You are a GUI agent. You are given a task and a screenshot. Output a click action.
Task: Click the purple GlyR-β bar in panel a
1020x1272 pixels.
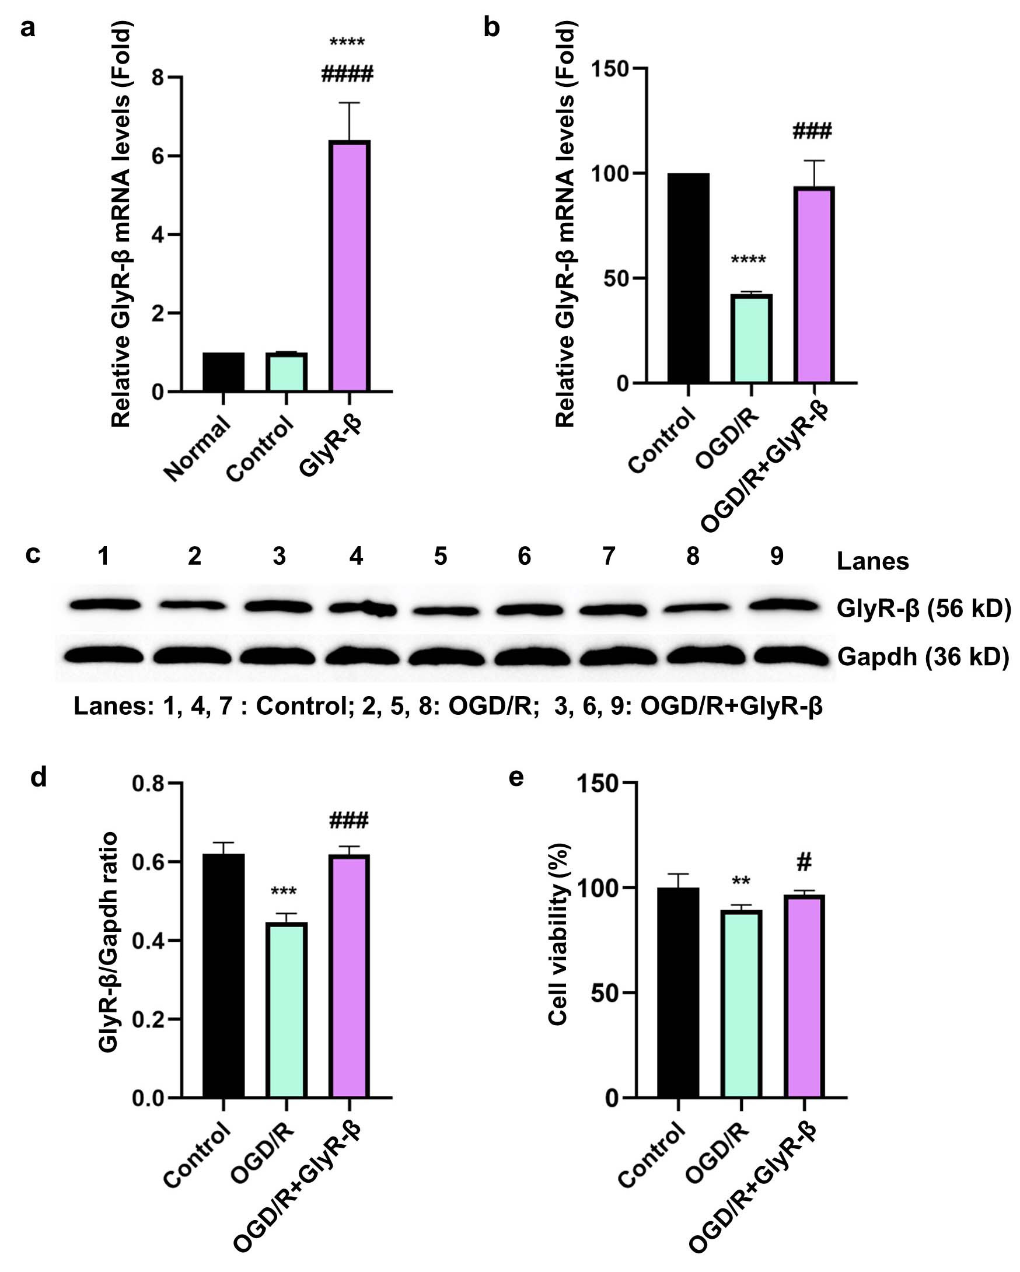350,266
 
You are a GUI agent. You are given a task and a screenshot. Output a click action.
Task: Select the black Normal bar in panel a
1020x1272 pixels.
223,372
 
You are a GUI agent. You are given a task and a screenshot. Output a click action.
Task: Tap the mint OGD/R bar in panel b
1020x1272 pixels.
751,338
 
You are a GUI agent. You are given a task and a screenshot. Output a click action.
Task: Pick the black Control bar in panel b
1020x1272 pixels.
689,278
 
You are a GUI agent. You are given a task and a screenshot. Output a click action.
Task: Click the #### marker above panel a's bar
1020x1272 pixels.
347,75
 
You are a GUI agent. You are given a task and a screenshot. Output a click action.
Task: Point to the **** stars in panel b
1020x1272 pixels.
748,260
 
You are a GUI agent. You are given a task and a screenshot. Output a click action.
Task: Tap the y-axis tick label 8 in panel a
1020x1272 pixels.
158,77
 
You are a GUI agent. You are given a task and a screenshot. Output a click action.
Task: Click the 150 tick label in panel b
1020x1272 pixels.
610,69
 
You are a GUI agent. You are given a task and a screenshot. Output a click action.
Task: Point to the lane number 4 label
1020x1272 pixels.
357,556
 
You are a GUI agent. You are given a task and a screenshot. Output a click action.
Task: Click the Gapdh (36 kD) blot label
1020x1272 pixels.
923,656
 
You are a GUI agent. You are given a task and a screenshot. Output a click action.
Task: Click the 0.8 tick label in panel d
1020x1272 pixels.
148,784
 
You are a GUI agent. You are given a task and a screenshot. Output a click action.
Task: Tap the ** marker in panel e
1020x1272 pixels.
741,882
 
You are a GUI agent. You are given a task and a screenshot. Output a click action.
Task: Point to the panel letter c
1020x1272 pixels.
33,554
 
